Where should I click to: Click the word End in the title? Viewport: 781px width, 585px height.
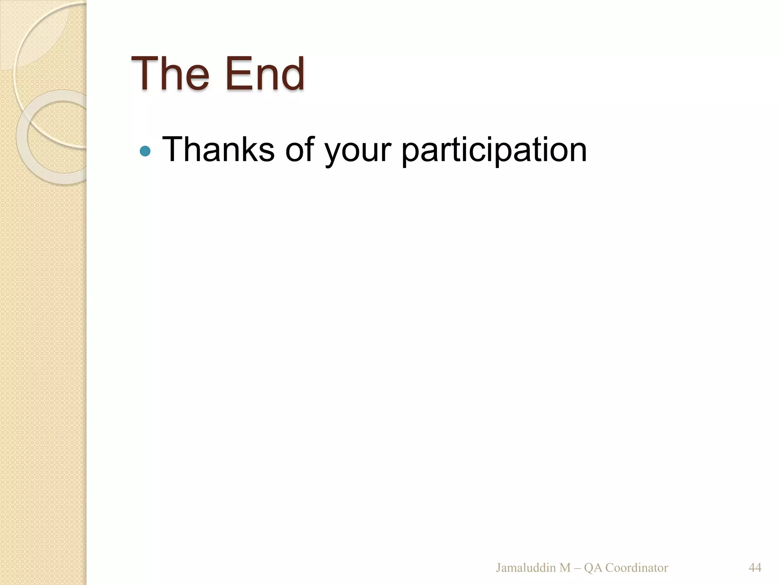265,73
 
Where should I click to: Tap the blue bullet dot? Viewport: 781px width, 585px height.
145,151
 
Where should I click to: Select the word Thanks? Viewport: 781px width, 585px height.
218,149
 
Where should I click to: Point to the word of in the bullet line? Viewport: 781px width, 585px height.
299,149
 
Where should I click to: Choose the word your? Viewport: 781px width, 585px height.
357,152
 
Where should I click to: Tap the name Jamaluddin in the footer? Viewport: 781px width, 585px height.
526,568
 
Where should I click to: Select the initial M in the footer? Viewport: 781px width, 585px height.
565,568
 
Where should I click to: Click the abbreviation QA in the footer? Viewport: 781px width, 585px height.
593,568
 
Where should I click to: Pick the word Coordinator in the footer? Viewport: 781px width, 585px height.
636,568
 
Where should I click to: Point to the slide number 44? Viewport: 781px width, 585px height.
755,568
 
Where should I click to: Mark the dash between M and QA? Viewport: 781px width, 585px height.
577,568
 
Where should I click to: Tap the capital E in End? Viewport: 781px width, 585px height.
235,73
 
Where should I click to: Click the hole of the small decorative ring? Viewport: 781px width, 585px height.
63,136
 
